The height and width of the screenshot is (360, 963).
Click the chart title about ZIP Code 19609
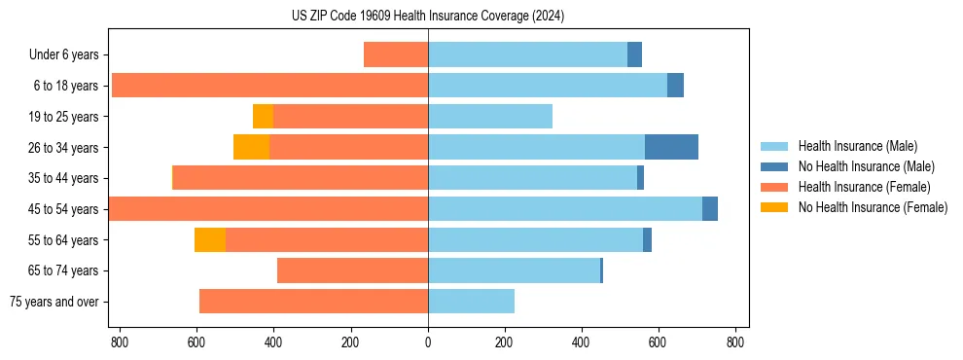click(x=428, y=16)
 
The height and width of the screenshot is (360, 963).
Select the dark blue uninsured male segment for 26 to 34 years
click(x=671, y=147)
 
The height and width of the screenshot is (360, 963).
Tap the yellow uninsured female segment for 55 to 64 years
click(x=209, y=239)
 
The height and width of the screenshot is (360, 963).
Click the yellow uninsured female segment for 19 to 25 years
click(x=263, y=116)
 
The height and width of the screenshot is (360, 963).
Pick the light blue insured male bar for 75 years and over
click(x=471, y=302)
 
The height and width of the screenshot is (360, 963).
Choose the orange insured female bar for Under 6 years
click(x=396, y=54)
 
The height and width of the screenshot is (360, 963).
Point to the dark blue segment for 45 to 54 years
click(x=710, y=208)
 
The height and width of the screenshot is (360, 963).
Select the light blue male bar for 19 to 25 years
click(x=490, y=116)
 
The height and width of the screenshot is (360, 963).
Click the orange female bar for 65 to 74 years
click(x=352, y=270)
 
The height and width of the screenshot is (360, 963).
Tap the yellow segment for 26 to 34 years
click(x=251, y=147)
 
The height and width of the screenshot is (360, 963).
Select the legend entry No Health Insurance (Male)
click(x=866, y=166)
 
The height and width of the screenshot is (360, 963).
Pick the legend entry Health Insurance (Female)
click(x=865, y=187)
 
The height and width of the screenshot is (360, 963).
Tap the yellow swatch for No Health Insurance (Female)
click(x=774, y=207)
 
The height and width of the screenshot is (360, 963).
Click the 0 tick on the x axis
click(x=428, y=342)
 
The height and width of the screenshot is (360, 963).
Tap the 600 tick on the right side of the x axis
click(x=659, y=342)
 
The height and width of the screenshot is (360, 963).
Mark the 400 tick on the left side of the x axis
click(x=273, y=342)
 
